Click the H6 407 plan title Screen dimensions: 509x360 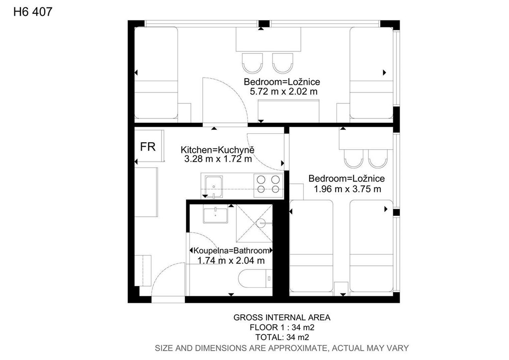[33, 12]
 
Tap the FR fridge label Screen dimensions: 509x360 [148, 147]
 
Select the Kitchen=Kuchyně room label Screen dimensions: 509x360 [218, 150]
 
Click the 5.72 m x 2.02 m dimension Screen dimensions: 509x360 [283, 91]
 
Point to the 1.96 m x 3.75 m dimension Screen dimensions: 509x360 [347, 189]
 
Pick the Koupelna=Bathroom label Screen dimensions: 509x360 [231, 251]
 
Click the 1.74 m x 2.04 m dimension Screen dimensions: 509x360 [231, 261]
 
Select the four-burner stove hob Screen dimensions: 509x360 [268, 184]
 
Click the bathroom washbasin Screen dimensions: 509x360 [215, 214]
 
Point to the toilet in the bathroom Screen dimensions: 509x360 [255, 278]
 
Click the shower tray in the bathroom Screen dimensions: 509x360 [254, 223]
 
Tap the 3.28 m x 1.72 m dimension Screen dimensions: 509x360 [218, 159]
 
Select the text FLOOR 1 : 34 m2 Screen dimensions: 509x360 [282, 327]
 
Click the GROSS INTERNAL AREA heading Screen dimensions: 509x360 [282, 317]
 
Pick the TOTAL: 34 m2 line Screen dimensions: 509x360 [282, 337]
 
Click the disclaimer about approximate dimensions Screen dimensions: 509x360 [282, 348]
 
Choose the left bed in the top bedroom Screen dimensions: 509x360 [156, 73]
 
